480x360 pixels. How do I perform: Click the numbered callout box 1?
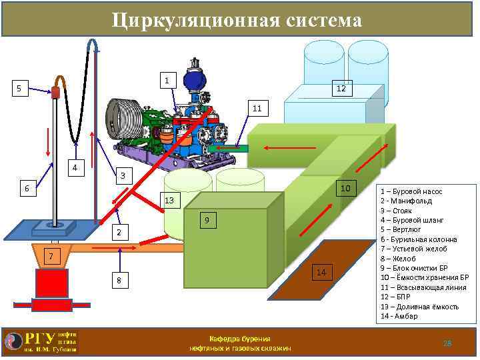coord(168,81)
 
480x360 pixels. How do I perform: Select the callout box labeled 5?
coord(19,88)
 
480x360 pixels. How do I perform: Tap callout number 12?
coord(340,89)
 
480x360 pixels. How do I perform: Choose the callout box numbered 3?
coord(122,176)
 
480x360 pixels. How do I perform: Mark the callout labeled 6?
coord(27,189)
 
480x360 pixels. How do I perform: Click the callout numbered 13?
coord(169,201)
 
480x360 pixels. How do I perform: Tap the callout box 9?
coord(207,220)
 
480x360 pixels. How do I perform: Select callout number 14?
coord(321,272)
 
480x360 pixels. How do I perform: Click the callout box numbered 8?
coord(119,281)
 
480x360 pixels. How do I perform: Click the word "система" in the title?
coord(313,21)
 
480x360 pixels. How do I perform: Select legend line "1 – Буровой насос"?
coord(411,191)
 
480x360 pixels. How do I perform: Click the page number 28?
coord(447,343)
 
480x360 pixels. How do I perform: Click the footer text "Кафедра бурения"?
coord(239,339)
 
